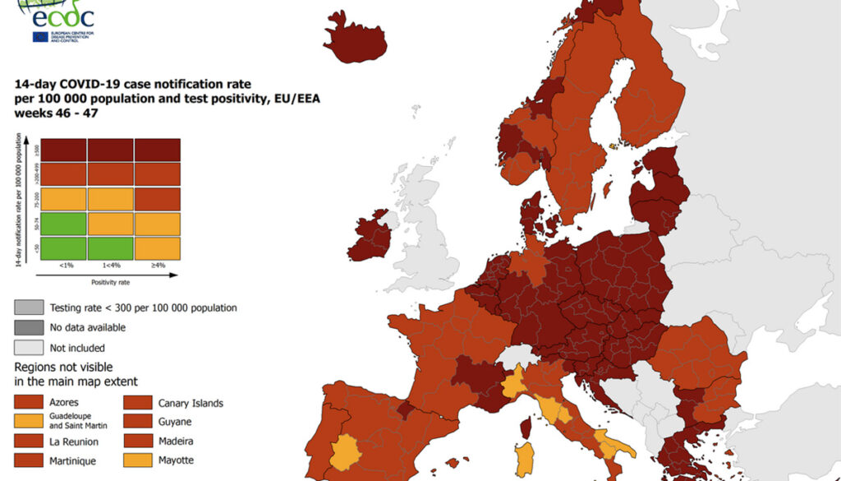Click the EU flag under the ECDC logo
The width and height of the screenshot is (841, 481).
tap(39, 36)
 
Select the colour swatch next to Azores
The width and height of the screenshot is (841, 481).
tap(29, 403)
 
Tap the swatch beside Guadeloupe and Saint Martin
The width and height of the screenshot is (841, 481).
tap(29, 422)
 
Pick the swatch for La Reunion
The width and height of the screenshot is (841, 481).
tap(29, 442)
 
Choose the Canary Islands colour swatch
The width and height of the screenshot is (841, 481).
tap(137, 403)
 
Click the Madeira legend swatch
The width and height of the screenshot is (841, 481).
tap(137, 442)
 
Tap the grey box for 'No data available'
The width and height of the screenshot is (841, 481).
tap(29, 327)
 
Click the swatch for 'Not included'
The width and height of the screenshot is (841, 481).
tap(29, 347)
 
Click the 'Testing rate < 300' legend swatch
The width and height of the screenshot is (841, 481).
tap(29, 308)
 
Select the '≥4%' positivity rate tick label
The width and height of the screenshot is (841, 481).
tap(157, 266)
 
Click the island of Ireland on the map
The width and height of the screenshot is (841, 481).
tap(370, 237)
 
